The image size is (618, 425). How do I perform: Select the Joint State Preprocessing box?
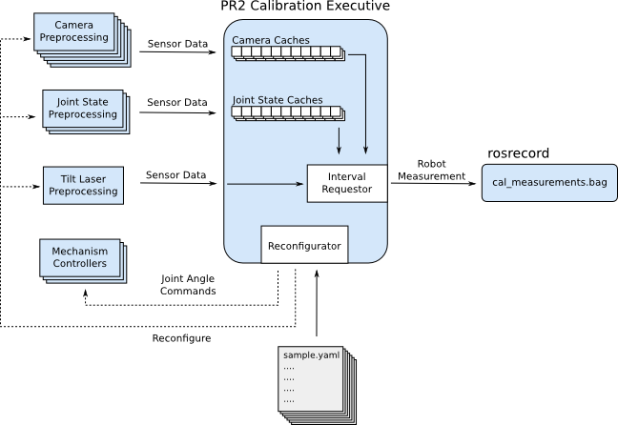tap(80, 108)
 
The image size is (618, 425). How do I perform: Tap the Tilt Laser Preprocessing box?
tap(80, 184)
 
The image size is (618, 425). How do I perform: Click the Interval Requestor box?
tap(346, 183)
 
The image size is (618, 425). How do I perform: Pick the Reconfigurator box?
tap(303, 246)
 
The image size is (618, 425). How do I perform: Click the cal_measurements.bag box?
tap(541, 181)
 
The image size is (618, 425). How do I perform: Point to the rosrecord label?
tap(519, 152)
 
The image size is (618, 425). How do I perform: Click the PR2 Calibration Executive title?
tap(304, 8)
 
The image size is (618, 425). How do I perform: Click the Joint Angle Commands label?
tap(187, 284)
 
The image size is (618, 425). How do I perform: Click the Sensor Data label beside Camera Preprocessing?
tap(176, 43)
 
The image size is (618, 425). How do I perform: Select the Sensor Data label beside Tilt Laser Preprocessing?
tap(176, 175)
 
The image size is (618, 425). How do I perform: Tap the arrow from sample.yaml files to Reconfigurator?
tap(316, 305)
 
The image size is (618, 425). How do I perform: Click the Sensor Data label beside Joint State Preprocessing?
tap(176, 102)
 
